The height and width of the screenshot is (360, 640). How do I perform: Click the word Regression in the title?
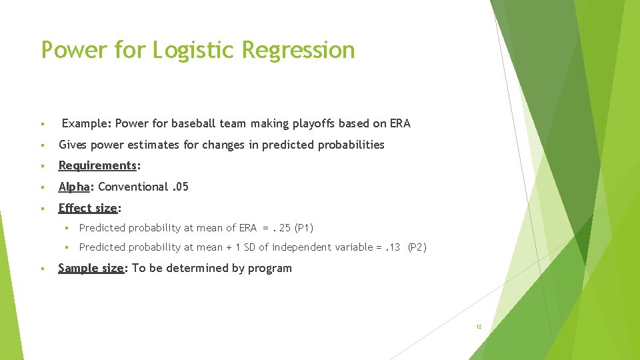[299, 50]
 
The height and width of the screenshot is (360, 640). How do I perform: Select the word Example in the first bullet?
[86, 123]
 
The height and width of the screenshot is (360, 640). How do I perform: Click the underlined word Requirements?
[97, 165]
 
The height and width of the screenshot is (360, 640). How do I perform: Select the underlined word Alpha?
[74, 187]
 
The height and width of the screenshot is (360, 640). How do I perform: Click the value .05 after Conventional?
[179, 187]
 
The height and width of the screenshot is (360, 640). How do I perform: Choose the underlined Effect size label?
[87, 208]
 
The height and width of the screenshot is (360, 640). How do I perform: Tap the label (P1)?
[304, 228]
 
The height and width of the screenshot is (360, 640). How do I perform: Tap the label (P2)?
[417, 247]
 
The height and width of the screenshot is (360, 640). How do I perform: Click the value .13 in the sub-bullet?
[393, 247]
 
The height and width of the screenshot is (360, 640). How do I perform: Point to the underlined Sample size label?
[91, 268]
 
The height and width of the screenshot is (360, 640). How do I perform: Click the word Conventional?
[133, 187]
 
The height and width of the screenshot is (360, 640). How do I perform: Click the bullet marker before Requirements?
[43, 166]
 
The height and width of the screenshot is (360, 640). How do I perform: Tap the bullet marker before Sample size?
[43, 269]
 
